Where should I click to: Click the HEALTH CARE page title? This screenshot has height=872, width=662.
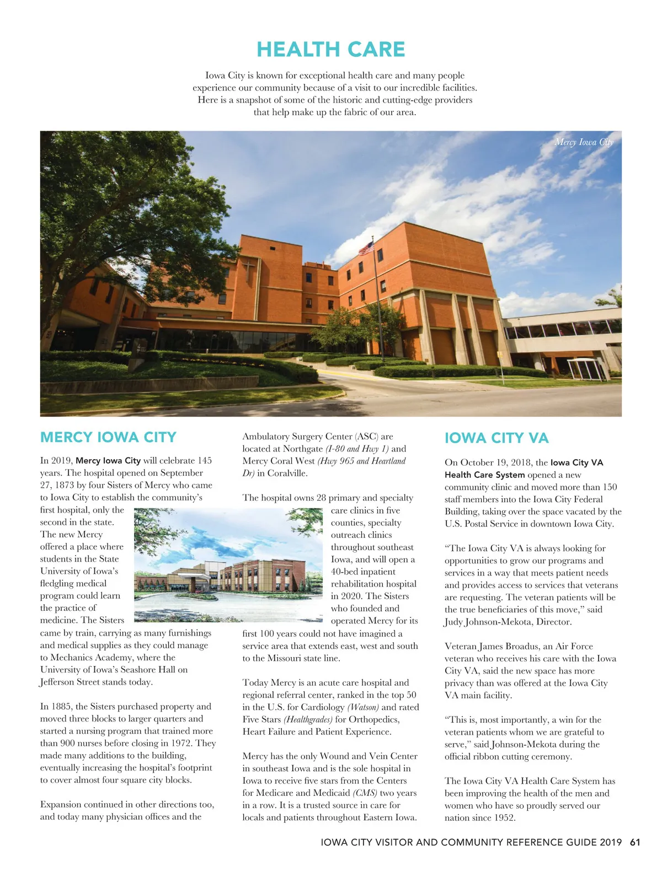coord(330,50)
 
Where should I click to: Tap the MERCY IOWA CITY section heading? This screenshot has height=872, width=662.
coord(108,437)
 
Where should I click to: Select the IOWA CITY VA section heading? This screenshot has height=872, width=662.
coord(496,438)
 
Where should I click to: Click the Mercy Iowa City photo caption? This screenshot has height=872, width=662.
coord(584,142)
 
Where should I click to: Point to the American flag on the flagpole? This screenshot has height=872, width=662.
coord(366,248)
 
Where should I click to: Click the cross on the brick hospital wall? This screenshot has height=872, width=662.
coord(249,270)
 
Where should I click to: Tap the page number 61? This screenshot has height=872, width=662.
coord(635,842)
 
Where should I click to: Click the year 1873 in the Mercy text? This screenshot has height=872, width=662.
coord(66,485)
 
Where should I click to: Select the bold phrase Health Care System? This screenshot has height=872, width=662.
coord(485,475)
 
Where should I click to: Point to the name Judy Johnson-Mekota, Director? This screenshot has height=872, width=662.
coord(508,622)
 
